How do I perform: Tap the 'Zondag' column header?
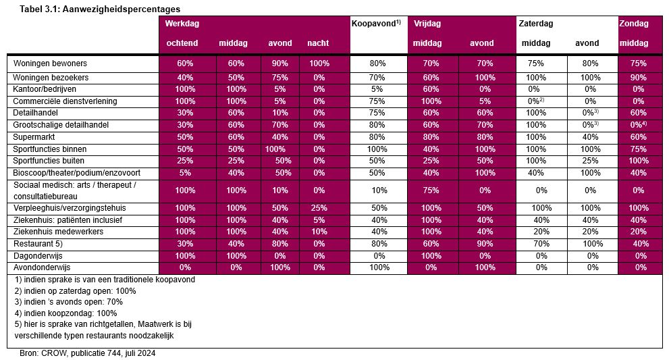[633, 24]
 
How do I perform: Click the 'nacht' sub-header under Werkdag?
[319, 43]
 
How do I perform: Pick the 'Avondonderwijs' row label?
[43, 267]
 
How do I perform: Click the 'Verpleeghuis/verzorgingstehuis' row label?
[70, 207]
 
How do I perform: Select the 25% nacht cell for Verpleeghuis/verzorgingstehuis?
[319, 207]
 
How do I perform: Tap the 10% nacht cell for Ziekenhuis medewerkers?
[319, 232]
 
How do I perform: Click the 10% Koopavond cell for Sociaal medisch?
[378, 190]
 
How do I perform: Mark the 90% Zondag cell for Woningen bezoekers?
[639, 77]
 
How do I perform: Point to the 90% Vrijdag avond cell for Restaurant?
[483, 244]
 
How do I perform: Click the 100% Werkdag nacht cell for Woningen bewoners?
[319, 63]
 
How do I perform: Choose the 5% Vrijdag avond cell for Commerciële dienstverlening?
[483, 101]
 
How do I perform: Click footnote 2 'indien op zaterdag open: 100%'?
[76, 290]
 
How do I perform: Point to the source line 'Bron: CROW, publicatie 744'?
[88, 353]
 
